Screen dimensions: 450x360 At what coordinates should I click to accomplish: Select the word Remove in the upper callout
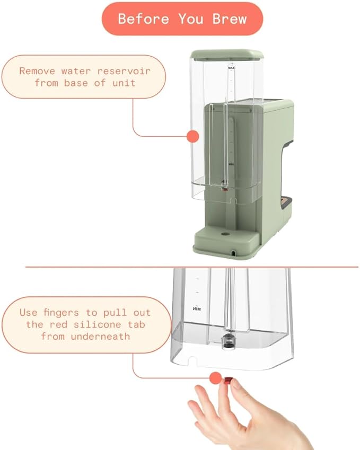[x=37, y=70]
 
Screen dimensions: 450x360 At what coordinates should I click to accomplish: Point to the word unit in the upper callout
[x=125, y=83]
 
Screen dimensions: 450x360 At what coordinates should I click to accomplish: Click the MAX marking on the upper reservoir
[x=231, y=68]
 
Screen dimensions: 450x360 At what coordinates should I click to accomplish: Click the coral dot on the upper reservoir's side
[x=193, y=136]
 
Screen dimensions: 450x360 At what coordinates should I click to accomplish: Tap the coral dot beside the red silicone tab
[x=215, y=378]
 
